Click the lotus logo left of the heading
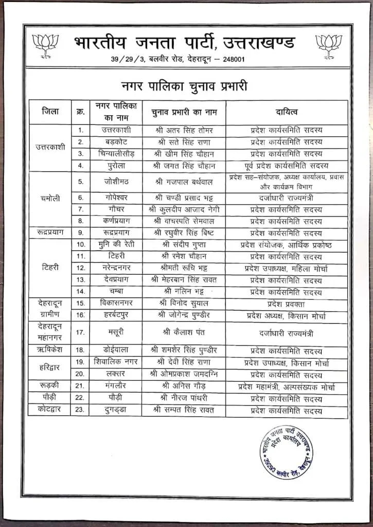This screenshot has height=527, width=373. point(45,45)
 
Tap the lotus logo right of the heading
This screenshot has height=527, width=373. point(329,45)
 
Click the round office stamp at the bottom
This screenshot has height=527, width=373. point(287,452)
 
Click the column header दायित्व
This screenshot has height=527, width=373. point(287,112)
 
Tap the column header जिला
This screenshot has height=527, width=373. point(50,112)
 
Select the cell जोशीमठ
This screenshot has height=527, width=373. point(115,181)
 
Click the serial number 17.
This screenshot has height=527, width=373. point(80,332)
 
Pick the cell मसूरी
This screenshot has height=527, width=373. point(115,332)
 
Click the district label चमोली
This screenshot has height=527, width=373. point(50,198)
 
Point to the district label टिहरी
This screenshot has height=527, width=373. point(50,268)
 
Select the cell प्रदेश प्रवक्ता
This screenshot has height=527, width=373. point(287,304)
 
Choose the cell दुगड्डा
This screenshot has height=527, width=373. point(115,411)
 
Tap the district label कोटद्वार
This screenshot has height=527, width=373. point(50,411)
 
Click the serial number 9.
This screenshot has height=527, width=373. point(80,233)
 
